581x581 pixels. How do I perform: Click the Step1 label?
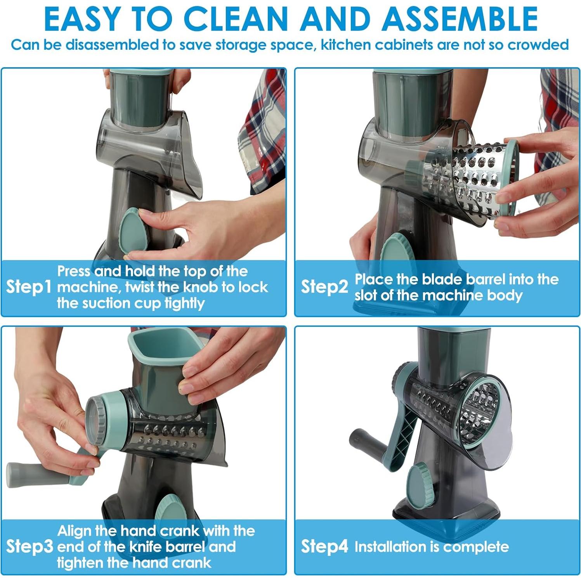[x=29, y=286]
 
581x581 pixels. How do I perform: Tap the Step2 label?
[x=324, y=287]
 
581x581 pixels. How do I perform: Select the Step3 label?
[x=29, y=546]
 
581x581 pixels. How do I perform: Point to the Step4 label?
[x=324, y=546]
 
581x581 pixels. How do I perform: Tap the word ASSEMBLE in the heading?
[x=460, y=19]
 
